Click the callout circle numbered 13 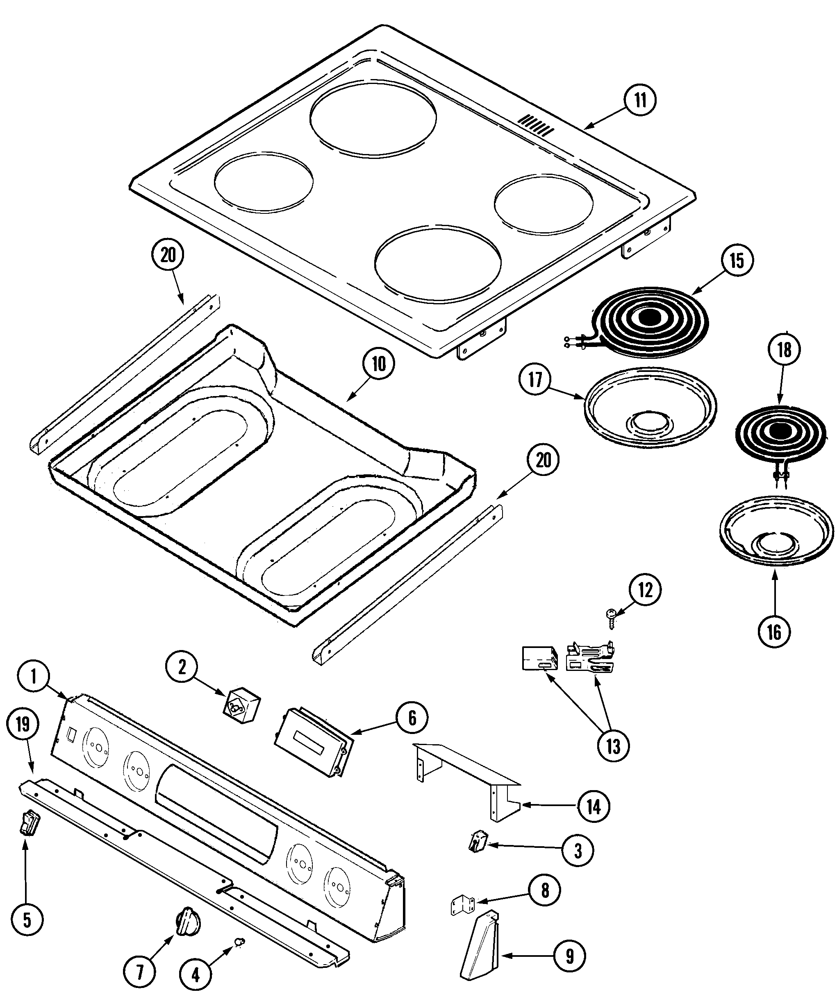[613, 746]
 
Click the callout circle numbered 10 [378, 363]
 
